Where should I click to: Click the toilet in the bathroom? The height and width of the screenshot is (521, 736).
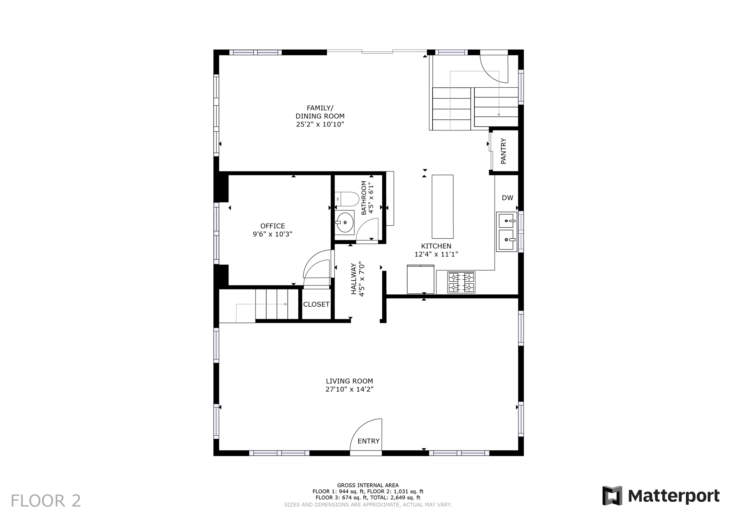click(x=347, y=199)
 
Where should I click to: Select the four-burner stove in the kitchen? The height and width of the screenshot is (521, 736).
click(x=461, y=282)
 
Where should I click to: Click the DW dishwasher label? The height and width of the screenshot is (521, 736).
click(x=507, y=198)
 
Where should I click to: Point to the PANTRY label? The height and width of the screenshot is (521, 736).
click(x=503, y=151)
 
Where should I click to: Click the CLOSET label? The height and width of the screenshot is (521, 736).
click(x=316, y=305)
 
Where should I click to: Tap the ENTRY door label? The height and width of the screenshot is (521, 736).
click(x=368, y=441)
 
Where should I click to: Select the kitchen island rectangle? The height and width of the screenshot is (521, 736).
click(x=442, y=206)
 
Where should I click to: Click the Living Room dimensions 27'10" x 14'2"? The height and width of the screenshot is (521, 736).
click(x=350, y=389)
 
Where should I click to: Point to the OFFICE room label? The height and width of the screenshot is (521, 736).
click(x=273, y=226)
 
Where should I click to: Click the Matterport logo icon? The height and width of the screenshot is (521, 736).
click(x=612, y=496)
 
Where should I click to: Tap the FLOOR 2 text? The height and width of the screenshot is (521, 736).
click(x=46, y=501)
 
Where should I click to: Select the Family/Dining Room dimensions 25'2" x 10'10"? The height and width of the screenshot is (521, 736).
click(x=320, y=124)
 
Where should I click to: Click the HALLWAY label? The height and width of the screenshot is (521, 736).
click(x=354, y=279)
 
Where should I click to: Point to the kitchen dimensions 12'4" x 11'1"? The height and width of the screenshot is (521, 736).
click(x=436, y=254)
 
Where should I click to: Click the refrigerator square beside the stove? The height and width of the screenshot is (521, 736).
click(x=420, y=279)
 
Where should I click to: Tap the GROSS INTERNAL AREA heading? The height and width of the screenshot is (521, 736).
click(x=368, y=485)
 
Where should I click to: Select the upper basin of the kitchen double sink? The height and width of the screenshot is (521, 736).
click(x=506, y=220)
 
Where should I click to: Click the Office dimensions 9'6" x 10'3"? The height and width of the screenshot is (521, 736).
click(x=272, y=234)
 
